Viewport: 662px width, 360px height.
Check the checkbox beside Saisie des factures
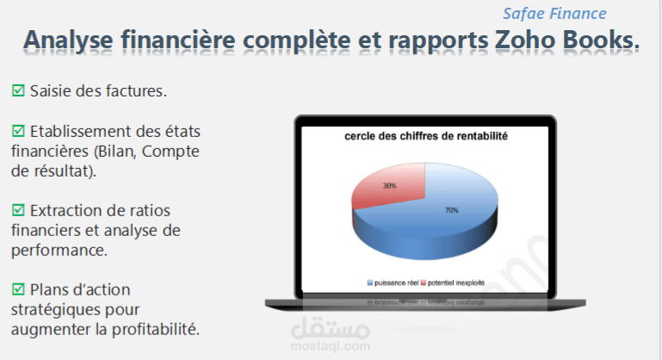click(x=18, y=90)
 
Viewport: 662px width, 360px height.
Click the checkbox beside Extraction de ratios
click(x=18, y=210)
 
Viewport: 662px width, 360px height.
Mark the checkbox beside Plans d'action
click(x=18, y=289)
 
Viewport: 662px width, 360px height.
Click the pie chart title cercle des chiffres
click(x=426, y=136)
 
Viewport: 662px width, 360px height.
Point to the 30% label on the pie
click(x=390, y=185)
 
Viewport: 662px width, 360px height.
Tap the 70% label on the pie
click(x=451, y=210)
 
